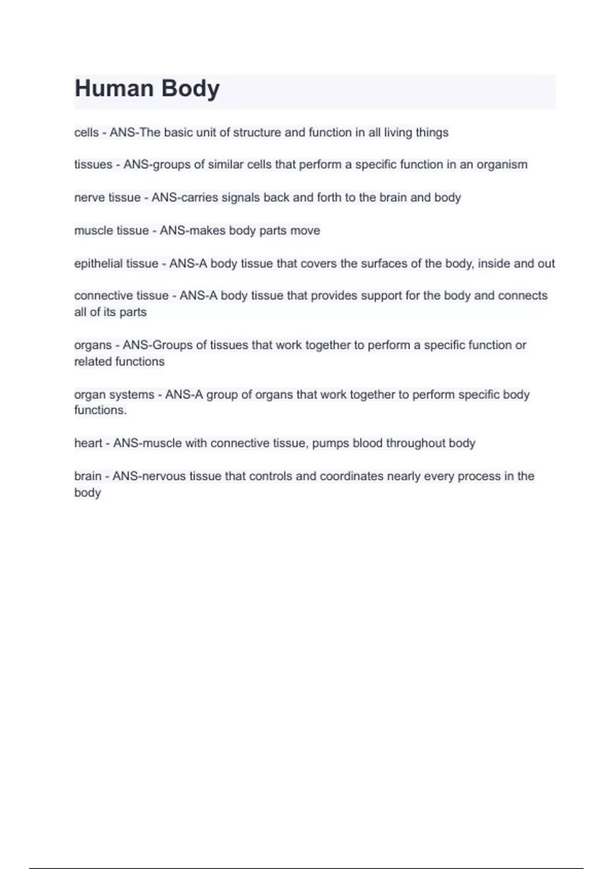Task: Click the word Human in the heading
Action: pyautogui.click(x=114, y=88)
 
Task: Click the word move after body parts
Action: pyautogui.click(x=305, y=231)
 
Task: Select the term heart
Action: pyautogui.click(x=88, y=443)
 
